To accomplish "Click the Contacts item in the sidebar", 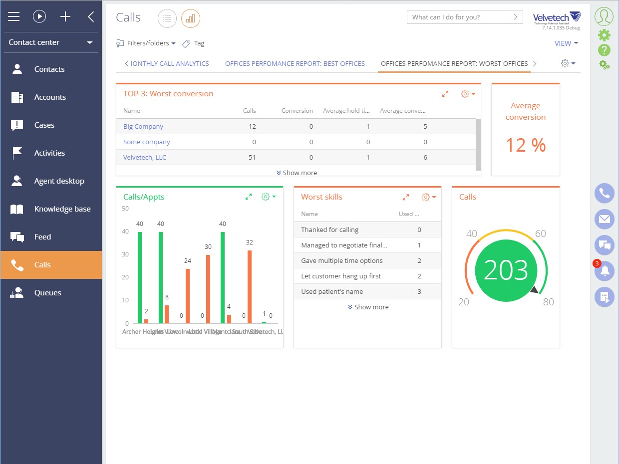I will pos(49,69).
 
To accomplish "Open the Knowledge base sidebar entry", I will pos(62,209).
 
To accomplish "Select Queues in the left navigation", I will pos(47,293).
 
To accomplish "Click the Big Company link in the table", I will pos(143,127).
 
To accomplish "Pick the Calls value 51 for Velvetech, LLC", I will pos(252,158).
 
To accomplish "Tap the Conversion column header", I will pos(297,111).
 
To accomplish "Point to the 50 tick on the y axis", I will pos(125,209).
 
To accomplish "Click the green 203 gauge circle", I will pos(506,270).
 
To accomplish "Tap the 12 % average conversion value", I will pos(526,145).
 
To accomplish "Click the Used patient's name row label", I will pos(332,292).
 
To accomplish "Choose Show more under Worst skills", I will pos(368,307).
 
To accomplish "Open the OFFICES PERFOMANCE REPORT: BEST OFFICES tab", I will pos(295,64).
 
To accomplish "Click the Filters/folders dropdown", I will pos(146,43).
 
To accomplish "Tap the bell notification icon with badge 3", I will pos(605,271).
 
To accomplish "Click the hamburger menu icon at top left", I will pos(14,17).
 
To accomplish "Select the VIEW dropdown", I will pos(566,43).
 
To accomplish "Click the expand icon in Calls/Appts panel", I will pos(249,197).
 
